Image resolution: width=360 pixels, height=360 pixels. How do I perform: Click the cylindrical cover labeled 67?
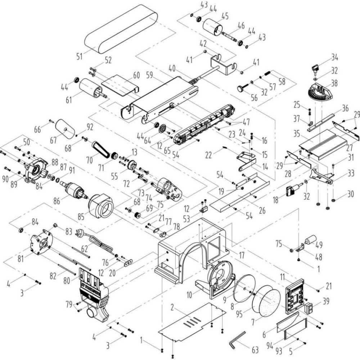pyautogui.click(x=65, y=128)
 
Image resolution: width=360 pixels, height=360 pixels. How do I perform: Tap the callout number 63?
pyautogui.click(x=255, y=349)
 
